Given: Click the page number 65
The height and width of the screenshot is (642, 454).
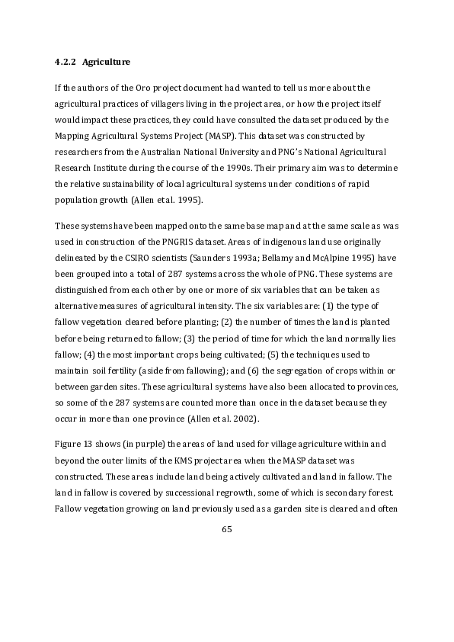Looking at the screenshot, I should point(226,529).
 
